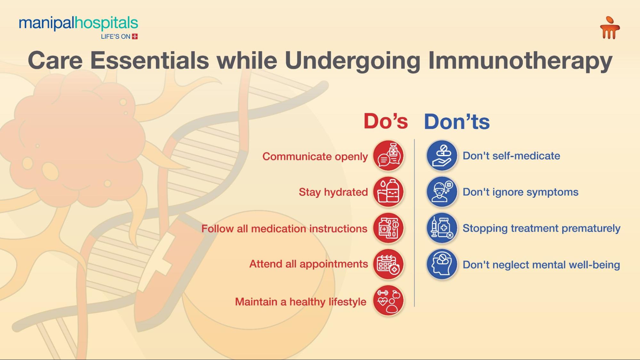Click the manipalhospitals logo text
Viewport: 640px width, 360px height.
pos(78,23)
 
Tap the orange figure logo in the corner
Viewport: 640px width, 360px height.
pos(610,28)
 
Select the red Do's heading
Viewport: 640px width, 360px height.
pos(385,121)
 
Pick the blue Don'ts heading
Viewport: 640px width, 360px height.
pos(457,122)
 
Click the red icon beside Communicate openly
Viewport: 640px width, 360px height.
pos(388,156)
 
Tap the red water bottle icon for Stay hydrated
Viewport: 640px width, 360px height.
pos(388,192)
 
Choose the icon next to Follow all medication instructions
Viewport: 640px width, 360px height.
pos(388,228)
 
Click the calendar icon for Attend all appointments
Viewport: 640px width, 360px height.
pos(388,264)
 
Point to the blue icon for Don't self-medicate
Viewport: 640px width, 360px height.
pos(442,156)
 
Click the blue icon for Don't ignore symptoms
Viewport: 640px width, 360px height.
pos(442,192)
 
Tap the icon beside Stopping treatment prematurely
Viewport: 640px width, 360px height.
pos(442,228)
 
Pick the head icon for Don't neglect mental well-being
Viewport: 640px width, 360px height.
pos(442,264)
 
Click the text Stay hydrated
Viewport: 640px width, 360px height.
pos(333,192)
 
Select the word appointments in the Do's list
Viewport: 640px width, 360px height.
pos(334,264)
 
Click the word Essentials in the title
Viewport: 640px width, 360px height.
pos(150,60)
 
